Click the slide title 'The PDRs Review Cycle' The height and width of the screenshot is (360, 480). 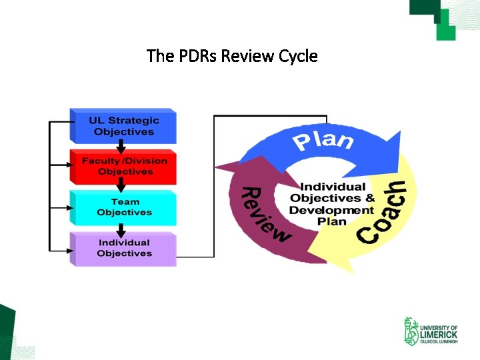coord(232,56)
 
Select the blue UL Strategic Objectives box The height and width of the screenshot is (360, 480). coord(123,127)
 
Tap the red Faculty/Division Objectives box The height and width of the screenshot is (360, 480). coord(123,167)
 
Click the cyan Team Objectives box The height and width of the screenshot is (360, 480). coord(123,207)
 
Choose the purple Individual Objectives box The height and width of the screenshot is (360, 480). coord(123,248)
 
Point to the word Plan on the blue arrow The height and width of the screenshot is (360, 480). coord(323,141)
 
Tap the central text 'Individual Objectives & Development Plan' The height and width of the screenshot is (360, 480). coord(331,203)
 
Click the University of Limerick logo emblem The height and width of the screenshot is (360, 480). coord(411,331)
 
